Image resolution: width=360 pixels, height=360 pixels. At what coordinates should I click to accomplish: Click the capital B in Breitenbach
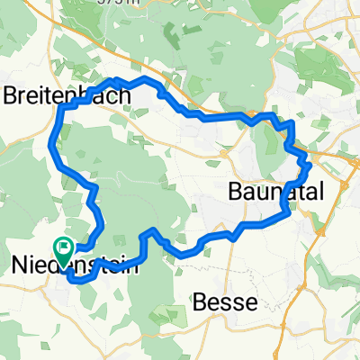tap(13, 94)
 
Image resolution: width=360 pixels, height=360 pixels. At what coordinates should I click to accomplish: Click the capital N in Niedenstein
tap(17, 265)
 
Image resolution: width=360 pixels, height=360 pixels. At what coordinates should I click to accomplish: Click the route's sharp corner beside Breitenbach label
tap(61, 106)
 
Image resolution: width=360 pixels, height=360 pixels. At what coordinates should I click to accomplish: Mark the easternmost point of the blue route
tap(310, 166)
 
